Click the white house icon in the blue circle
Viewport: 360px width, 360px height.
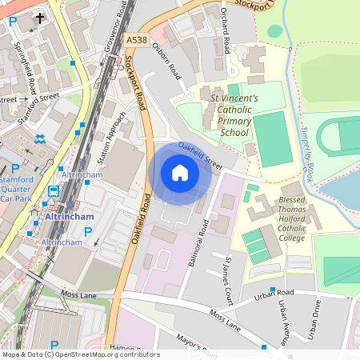point(180,173)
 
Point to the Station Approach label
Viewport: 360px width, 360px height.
point(106,137)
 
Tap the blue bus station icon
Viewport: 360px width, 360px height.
point(54,191)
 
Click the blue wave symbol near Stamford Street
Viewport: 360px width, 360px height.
point(40,138)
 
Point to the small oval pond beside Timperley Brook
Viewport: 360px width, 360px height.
point(275,31)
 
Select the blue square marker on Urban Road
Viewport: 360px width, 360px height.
point(273,290)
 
